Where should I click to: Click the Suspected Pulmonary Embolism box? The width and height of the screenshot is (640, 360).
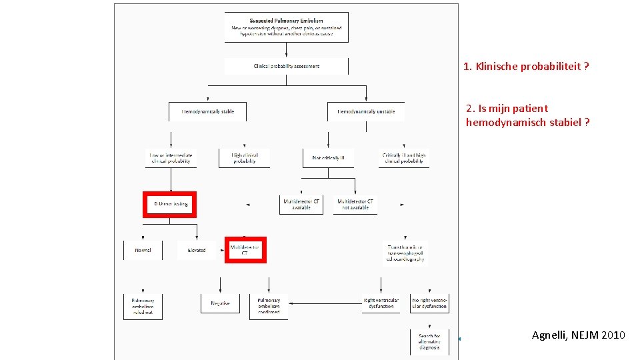287,27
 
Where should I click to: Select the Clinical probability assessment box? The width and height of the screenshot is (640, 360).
287,66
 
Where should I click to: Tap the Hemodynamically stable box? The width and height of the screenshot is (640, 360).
207,111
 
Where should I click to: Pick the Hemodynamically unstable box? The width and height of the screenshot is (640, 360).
365,111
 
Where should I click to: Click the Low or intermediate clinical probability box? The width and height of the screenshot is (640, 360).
170,158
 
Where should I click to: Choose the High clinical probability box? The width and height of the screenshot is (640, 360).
244,158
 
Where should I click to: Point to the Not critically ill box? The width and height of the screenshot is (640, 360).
328,158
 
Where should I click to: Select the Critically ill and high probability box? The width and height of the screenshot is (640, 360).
404,158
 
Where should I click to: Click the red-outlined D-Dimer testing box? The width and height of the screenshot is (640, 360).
170,204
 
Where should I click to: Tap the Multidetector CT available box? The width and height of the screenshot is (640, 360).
301,204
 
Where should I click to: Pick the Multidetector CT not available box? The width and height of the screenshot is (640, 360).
355,204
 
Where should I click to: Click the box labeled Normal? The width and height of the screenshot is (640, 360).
143,250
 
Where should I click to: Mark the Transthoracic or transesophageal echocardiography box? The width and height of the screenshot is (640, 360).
405,253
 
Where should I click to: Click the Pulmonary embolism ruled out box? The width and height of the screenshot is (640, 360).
143,306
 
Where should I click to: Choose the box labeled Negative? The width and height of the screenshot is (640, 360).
220,303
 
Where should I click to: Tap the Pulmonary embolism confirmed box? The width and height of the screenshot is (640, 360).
269,306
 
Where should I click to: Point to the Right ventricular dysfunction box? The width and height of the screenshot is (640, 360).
381,303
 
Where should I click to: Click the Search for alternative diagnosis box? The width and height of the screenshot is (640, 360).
429,341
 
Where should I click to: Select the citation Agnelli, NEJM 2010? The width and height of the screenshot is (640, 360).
578,335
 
